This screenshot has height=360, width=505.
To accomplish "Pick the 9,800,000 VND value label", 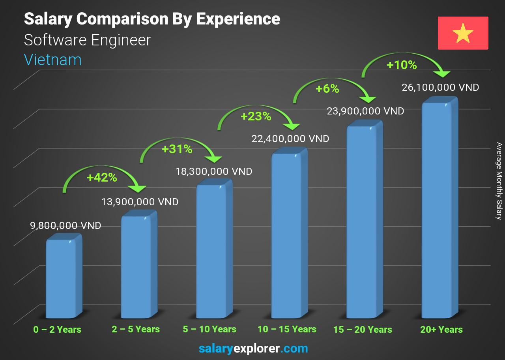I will (65, 226).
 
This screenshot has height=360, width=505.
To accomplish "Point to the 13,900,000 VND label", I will (140, 202).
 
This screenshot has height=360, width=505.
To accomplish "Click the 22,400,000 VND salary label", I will (290, 139).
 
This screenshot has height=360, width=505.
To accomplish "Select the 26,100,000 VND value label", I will (440, 87).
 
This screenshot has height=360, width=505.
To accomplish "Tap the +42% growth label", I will (102, 178).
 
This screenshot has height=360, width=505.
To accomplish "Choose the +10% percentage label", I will (402, 65).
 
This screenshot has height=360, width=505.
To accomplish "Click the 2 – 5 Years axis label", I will (136, 329).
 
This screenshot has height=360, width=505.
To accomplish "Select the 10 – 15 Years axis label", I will (287, 329).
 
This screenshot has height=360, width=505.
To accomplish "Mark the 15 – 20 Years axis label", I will (363, 330).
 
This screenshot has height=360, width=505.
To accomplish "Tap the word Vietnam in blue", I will (52, 60).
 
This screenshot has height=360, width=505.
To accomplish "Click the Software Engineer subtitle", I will (87, 40).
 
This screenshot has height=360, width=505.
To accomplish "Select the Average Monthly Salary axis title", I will (499, 181).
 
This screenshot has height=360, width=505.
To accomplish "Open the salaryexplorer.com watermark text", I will (253, 349).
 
